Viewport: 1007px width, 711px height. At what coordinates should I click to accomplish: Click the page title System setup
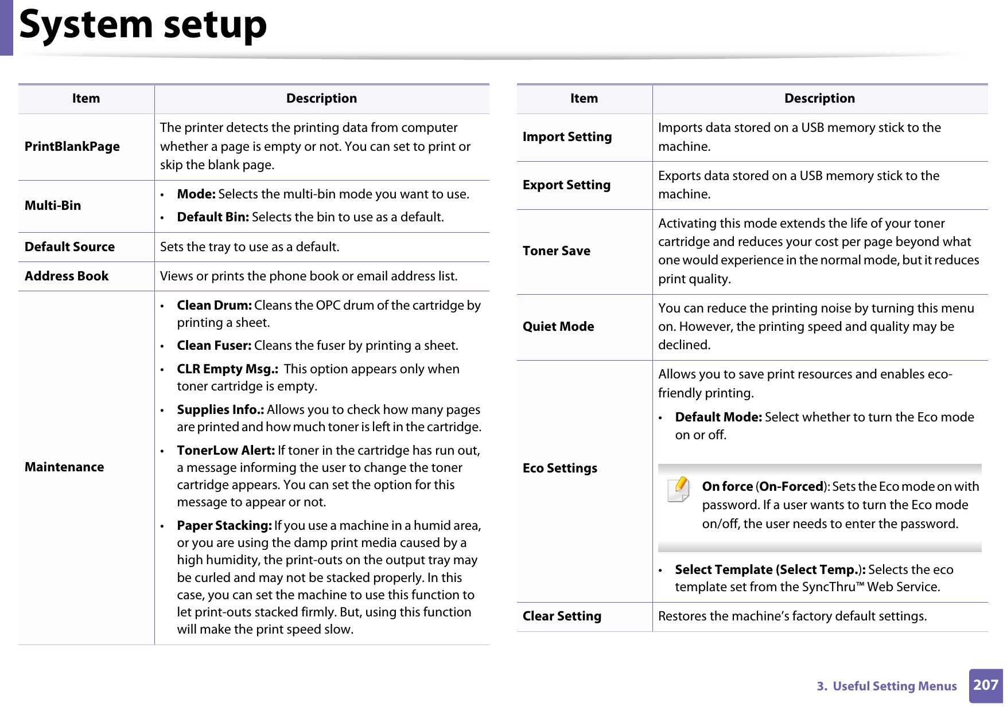coord(143,25)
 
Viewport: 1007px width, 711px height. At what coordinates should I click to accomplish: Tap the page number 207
coord(985,685)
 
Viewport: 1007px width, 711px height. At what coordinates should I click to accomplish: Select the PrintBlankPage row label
coord(72,147)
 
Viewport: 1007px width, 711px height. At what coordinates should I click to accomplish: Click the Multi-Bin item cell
coord(53,206)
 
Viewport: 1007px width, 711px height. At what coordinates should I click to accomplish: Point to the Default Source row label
coord(69,247)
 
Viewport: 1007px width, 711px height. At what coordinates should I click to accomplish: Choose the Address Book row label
coord(67,276)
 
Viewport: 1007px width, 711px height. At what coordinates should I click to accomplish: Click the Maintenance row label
coord(64,467)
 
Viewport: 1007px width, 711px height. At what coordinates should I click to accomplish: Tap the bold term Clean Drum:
coord(214,306)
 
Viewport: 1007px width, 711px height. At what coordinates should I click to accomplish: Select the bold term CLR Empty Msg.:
coord(227,369)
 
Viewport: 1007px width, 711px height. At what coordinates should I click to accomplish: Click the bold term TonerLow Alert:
coord(225,451)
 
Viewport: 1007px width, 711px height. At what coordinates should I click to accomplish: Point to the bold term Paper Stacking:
coord(224,526)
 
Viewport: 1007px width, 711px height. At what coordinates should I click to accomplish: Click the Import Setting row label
coord(567,137)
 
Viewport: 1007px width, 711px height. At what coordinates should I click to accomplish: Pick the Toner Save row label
coord(556,251)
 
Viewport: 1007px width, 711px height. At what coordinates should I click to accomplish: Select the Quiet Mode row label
coord(558,327)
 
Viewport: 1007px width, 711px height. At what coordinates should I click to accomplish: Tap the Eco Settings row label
coord(559,468)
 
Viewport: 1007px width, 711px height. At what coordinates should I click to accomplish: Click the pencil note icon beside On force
coord(679,489)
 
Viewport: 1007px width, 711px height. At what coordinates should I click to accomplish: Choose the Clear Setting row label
coord(562,616)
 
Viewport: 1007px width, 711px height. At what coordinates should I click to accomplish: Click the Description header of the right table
coord(819,99)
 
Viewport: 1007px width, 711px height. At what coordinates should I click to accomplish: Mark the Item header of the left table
coord(86,99)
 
